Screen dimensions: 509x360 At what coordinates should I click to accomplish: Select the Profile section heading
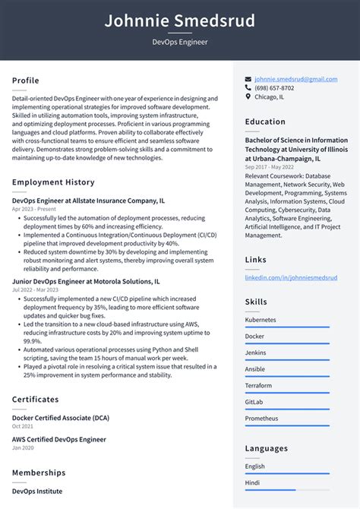[x=26, y=81]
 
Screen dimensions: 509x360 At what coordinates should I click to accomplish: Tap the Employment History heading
[x=53, y=182]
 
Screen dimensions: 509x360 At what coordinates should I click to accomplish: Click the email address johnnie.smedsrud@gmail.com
[x=296, y=79]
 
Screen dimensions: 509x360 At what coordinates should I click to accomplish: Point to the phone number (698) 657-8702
[x=274, y=88]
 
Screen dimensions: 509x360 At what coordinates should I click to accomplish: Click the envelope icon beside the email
[x=248, y=79]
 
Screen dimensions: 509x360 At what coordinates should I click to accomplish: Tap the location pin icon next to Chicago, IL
[x=248, y=97]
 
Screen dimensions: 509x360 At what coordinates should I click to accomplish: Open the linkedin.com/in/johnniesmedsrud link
[x=291, y=278]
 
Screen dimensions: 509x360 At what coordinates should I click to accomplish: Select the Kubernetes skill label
[x=261, y=320]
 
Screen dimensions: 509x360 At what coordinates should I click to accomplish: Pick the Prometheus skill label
[x=261, y=419]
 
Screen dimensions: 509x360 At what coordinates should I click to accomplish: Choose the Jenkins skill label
[x=257, y=353]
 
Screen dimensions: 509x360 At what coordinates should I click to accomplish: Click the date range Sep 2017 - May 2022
[x=270, y=166]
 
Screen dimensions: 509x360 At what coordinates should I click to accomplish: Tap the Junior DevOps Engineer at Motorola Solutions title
[x=86, y=281]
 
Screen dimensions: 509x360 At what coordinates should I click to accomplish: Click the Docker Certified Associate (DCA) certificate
[x=61, y=418]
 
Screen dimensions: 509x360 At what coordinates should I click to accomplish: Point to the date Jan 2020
[x=23, y=447]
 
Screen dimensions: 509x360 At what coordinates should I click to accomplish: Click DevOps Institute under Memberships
[x=37, y=492]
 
